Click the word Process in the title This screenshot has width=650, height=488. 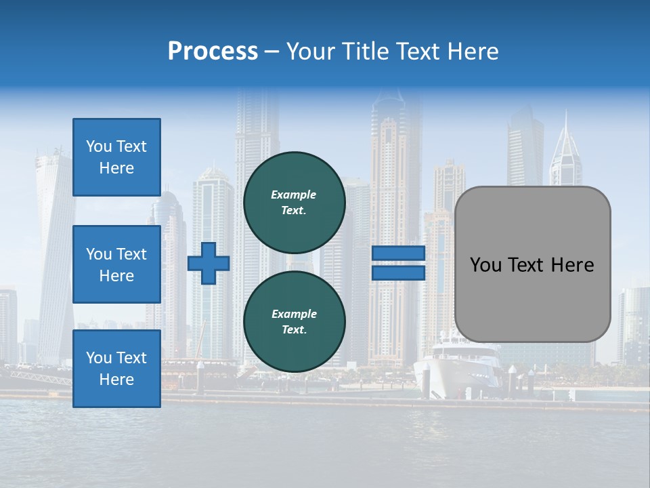click(x=213, y=52)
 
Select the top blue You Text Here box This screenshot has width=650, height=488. click(x=116, y=157)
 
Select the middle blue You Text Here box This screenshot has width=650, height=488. click(x=116, y=264)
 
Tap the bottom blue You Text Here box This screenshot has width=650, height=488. click(x=116, y=368)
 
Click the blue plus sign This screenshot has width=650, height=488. click(x=209, y=263)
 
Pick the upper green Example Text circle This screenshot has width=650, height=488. click(x=294, y=203)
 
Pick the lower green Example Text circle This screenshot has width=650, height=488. click(x=294, y=322)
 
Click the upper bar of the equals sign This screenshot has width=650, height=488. click(x=398, y=253)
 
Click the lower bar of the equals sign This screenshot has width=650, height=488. click(x=398, y=272)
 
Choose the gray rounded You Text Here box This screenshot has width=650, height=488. click(x=532, y=264)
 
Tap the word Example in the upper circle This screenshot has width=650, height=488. click(x=294, y=195)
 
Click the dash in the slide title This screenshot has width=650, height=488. click(x=272, y=52)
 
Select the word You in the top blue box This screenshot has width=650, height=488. click(x=99, y=146)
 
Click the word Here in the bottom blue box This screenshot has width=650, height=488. click(x=116, y=380)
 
